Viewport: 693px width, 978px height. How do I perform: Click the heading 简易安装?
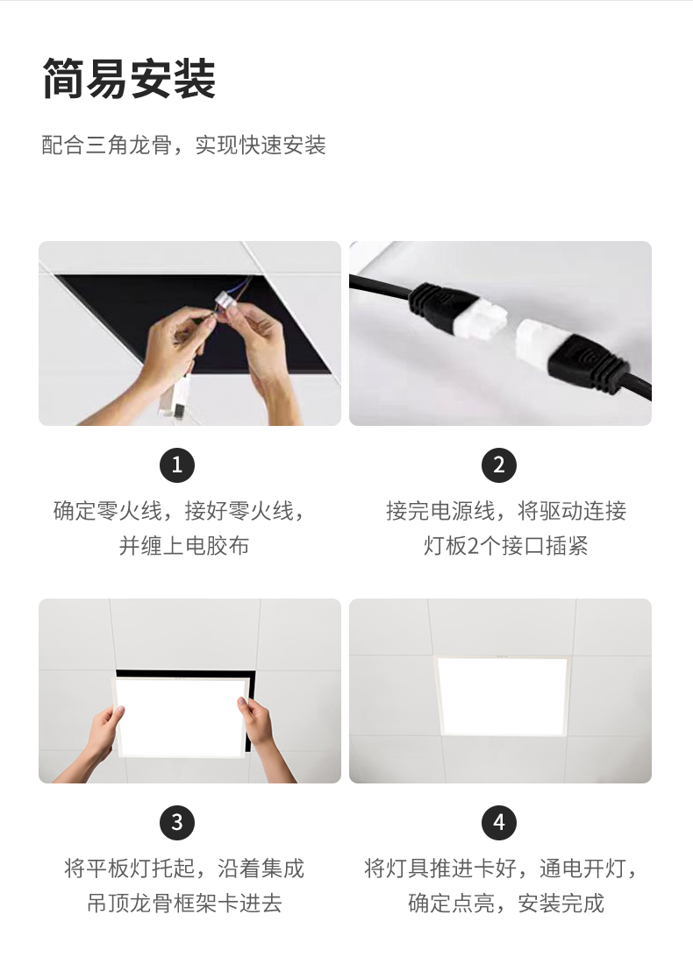click(129, 79)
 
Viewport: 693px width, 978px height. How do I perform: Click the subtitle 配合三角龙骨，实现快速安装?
click(183, 145)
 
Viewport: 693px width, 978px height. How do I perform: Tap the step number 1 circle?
click(176, 465)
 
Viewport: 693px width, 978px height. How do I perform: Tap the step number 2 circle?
click(499, 465)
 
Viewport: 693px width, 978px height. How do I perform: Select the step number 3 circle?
click(176, 823)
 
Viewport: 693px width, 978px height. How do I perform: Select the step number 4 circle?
click(499, 823)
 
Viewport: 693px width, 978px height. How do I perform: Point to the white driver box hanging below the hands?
click(173, 400)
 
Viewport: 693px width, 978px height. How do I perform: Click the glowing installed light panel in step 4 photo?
click(502, 695)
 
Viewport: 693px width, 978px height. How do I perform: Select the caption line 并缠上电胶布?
click(183, 546)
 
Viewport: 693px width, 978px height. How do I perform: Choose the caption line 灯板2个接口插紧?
click(505, 546)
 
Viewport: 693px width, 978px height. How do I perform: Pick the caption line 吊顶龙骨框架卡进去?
click(184, 904)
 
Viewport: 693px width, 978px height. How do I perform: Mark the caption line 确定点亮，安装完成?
click(505, 904)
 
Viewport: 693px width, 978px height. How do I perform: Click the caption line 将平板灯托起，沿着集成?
click(184, 868)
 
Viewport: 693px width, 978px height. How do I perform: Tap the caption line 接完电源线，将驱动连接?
click(505, 511)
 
